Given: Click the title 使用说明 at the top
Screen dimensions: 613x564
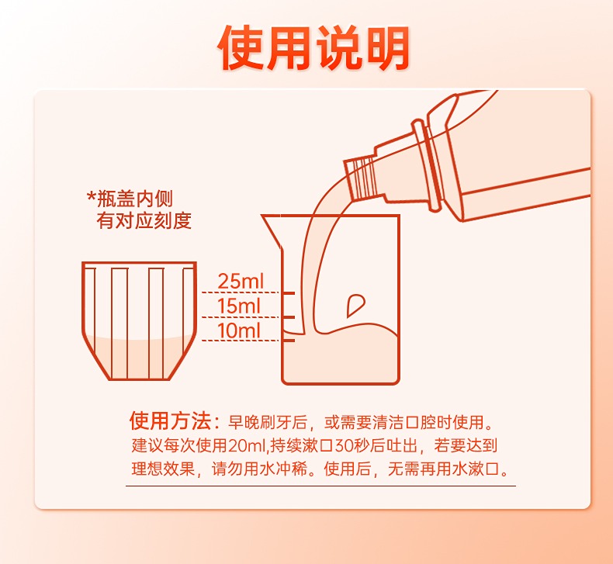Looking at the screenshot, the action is click(313, 47).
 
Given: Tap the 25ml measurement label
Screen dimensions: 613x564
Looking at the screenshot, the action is click(241, 281).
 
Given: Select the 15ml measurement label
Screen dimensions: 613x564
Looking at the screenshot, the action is click(238, 306).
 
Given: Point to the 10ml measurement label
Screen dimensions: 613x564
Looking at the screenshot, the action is click(238, 330).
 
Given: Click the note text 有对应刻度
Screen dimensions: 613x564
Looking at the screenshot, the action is click(144, 220).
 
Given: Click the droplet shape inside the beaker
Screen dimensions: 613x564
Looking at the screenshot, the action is click(355, 304).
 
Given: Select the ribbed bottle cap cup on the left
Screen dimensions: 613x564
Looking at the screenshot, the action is click(139, 320).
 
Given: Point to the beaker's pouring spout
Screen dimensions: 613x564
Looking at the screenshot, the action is click(272, 230).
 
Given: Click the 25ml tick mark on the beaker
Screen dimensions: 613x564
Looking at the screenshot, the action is click(289, 292).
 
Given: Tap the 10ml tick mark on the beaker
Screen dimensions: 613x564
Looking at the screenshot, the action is click(289, 341).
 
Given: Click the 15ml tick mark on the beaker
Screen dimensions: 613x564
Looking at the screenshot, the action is click(289, 317).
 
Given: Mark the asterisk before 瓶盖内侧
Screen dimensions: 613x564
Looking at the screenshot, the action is click(91, 195).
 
